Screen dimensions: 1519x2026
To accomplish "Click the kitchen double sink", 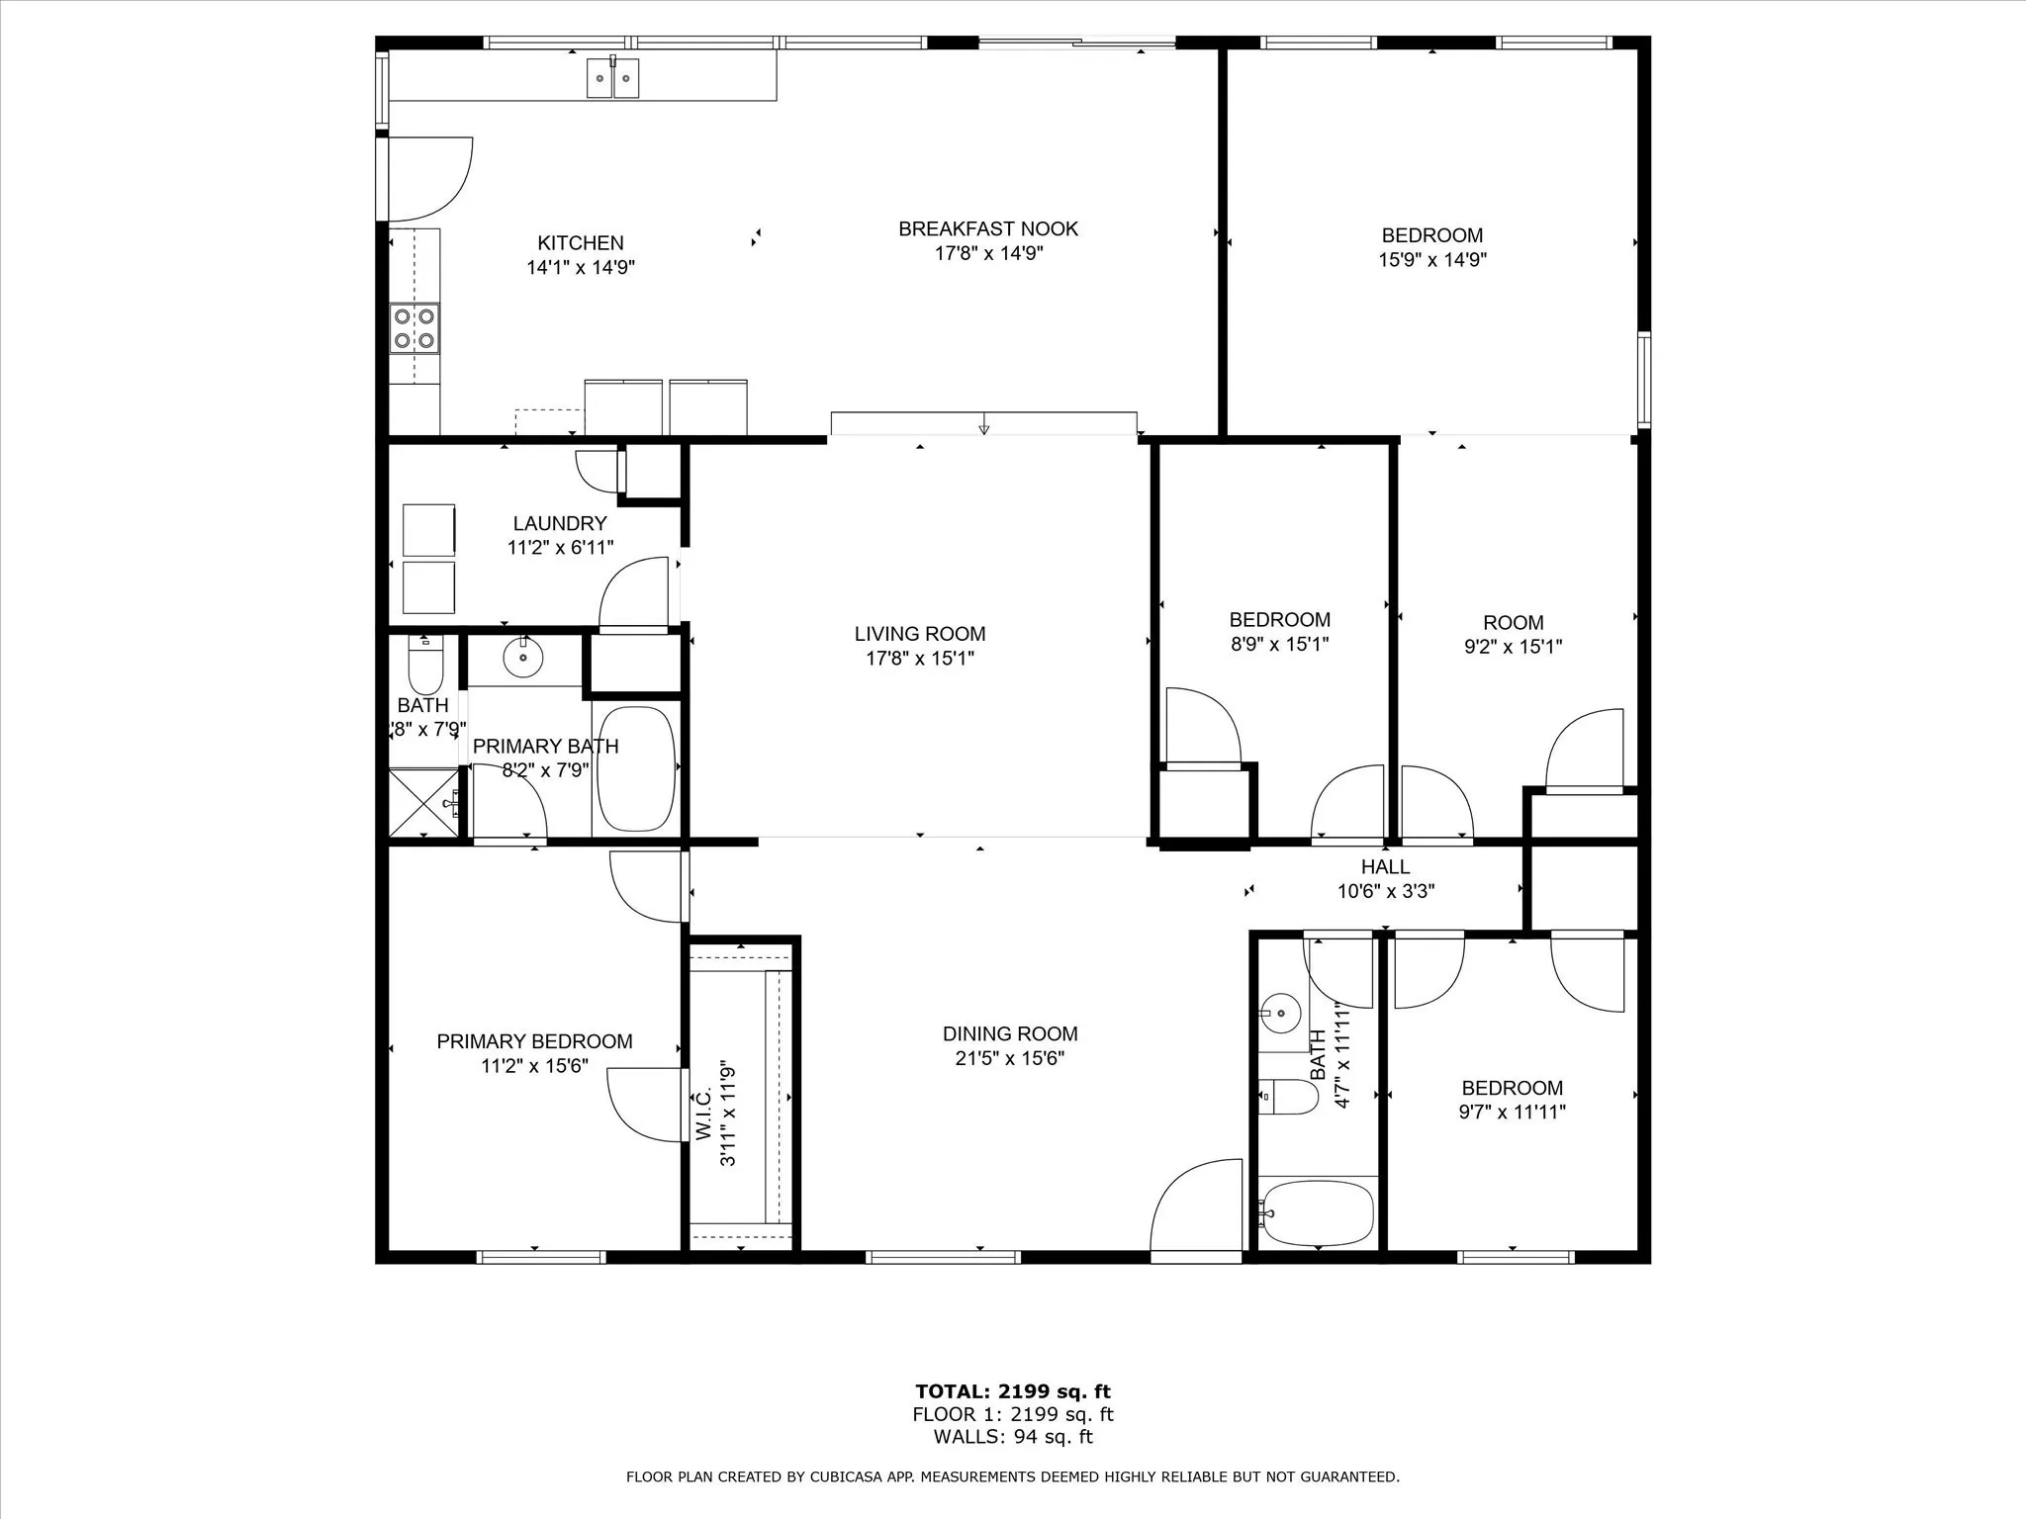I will click(x=612, y=78).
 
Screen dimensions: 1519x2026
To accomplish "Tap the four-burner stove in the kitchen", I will click(x=414, y=328).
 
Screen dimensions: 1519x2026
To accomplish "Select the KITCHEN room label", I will click(x=580, y=243).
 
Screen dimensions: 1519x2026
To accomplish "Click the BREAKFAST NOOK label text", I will click(x=987, y=228).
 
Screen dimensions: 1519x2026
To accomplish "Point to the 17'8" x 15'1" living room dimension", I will click(x=920, y=659).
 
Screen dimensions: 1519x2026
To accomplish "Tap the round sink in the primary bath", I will click(x=523, y=657).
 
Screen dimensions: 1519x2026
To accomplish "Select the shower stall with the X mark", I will click(x=423, y=802).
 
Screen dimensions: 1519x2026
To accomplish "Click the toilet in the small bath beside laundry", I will click(x=425, y=667).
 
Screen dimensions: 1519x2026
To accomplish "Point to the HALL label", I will click(x=1385, y=867).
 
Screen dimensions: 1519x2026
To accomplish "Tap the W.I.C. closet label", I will click(x=703, y=1116).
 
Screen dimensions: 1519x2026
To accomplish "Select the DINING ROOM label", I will click(x=1009, y=1034).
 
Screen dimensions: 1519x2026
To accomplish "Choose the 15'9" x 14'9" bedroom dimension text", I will click(x=1432, y=260).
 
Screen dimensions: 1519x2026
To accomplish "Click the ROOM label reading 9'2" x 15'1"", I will click(x=1513, y=623).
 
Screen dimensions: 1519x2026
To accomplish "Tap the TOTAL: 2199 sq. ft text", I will click(x=1012, y=1392).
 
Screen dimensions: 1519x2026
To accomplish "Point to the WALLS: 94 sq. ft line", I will click(x=1012, y=1437).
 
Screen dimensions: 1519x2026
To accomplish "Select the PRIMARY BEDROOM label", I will click(x=534, y=1041).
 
